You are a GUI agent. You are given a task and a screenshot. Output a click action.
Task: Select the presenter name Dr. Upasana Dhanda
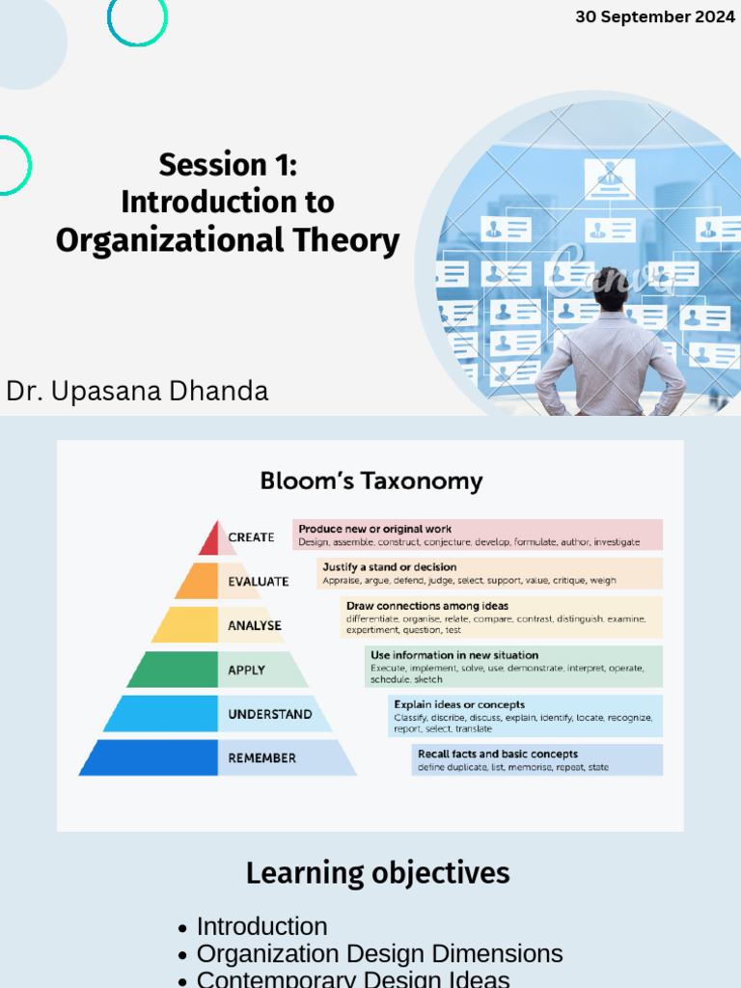click(x=137, y=391)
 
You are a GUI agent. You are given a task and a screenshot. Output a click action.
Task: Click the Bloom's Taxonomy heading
click(x=371, y=481)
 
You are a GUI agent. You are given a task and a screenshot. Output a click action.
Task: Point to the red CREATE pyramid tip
click(x=211, y=539)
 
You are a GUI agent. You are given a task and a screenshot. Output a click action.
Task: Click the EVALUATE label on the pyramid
click(x=258, y=582)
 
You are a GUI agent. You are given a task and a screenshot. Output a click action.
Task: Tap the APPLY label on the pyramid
click(x=246, y=670)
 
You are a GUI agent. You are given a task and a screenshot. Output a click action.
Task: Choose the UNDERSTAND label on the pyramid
click(x=269, y=714)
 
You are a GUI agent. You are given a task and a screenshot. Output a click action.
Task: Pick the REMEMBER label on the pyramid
click(x=261, y=758)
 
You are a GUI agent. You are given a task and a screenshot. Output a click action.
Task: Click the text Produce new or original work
click(x=374, y=529)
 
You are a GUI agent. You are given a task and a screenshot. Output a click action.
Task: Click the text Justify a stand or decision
click(x=389, y=566)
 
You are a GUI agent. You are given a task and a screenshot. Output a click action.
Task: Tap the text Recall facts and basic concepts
click(x=497, y=754)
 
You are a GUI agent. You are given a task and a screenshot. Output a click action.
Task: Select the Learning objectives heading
click(x=377, y=873)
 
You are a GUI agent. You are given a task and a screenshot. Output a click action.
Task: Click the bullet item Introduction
click(x=261, y=926)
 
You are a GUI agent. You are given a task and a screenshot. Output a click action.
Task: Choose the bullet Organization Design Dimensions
click(x=379, y=954)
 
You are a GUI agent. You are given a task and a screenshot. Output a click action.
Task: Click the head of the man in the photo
click(x=611, y=288)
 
